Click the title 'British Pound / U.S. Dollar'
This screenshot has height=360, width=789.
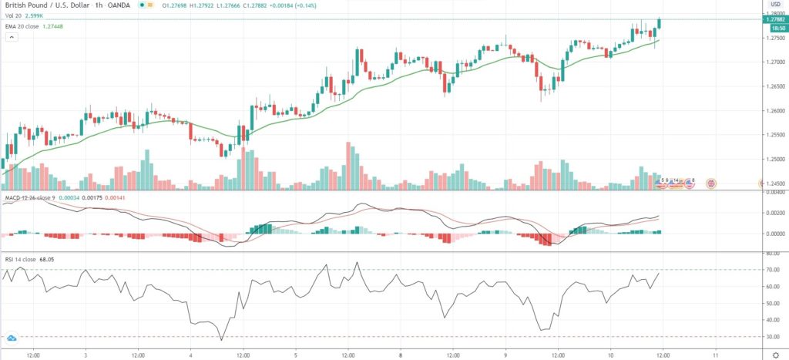(x=42, y=5)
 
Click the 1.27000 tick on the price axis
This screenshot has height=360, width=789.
(x=773, y=62)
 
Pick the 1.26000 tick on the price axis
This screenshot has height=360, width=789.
(x=773, y=110)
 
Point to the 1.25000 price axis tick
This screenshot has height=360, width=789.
(x=773, y=160)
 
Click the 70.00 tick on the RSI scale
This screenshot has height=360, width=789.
(x=773, y=270)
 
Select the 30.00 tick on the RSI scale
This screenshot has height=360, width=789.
(x=773, y=337)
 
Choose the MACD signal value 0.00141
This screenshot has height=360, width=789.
(x=114, y=198)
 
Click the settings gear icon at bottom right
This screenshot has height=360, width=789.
(x=775, y=354)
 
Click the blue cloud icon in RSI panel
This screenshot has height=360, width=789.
(x=12, y=338)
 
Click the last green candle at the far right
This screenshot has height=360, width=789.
(x=660, y=24)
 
